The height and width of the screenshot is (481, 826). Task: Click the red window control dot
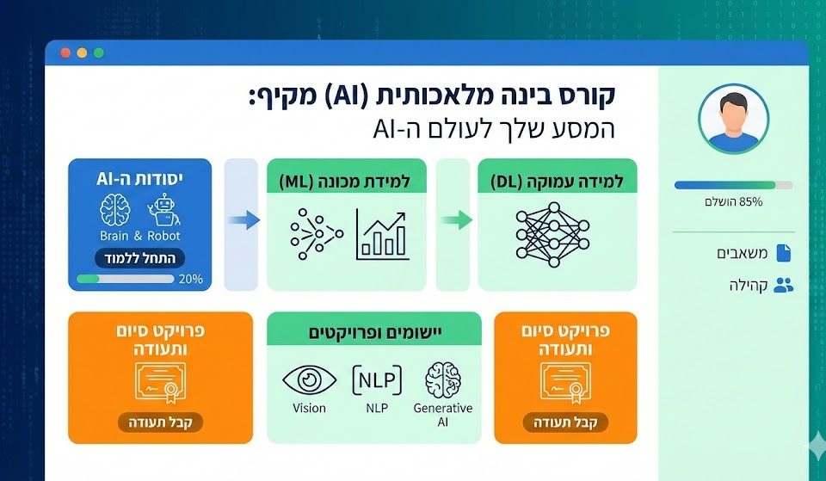(65, 52)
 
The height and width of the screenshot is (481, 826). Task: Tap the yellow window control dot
(82, 52)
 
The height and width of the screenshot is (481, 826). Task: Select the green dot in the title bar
(98, 52)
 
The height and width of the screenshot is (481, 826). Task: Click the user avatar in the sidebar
(733, 120)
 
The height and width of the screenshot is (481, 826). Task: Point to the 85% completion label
(733, 201)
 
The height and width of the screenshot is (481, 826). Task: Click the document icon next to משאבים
(782, 253)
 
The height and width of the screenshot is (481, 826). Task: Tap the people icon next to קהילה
(783, 286)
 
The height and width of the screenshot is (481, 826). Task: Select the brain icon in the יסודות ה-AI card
(114, 209)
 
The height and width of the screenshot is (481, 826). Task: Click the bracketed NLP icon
(377, 379)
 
